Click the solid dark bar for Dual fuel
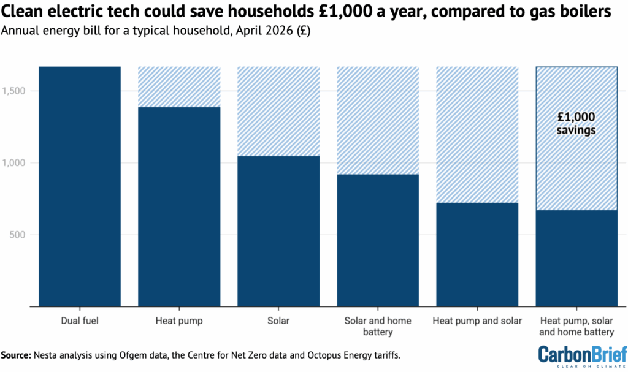[x=80, y=186]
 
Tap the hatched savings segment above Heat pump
[x=179, y=86]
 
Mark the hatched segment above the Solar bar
[x=278, y=111]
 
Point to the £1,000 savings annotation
[x=576, y=123]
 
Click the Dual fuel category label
[x=80, y=321]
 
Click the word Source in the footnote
[x=17, y=355]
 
